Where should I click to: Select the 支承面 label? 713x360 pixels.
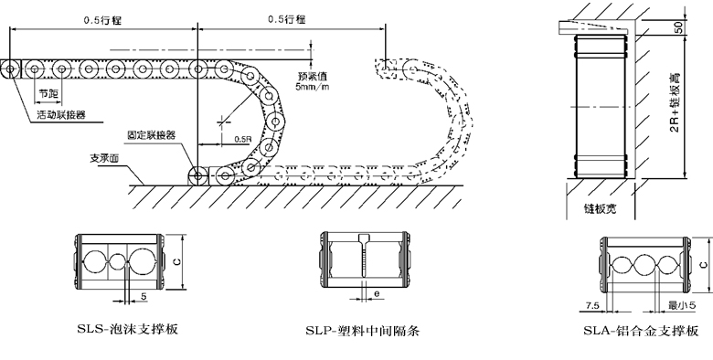(x=105, y=157)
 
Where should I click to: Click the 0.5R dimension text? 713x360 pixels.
(x=242, y=138)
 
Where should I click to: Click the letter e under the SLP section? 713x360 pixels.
(x=377, y=293)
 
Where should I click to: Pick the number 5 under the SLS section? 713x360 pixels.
(x=144, y=298)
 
